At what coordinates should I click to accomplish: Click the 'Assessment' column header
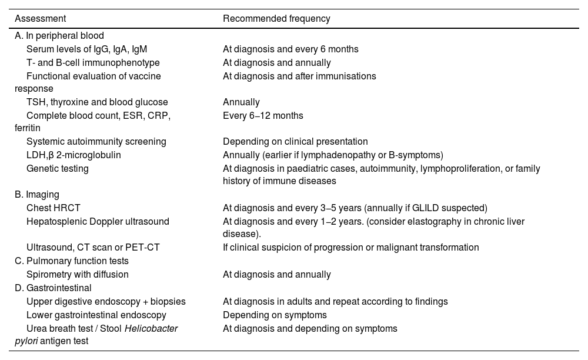[40, 19]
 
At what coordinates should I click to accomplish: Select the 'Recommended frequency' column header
[276, 19]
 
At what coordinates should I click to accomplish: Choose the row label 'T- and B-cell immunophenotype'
[93, 63]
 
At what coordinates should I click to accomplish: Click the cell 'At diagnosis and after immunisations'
[299, 76]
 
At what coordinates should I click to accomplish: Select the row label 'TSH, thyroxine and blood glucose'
[97, 102]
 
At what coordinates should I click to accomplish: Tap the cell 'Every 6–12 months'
[263, 116]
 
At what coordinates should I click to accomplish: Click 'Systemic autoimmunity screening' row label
[96, 142]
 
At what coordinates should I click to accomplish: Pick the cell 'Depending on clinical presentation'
[295, 142]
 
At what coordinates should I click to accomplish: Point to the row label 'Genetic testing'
[58, 169]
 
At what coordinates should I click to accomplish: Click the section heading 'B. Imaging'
[37, 194]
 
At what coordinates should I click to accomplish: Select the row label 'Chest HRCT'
[54, 208]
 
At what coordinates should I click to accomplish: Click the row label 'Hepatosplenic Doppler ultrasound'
[98, 221]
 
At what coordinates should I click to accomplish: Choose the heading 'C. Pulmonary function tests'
[72, 261]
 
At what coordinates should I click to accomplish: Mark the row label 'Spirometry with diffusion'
[77, 274]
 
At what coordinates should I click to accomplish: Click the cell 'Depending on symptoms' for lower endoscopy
[275, 315]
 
